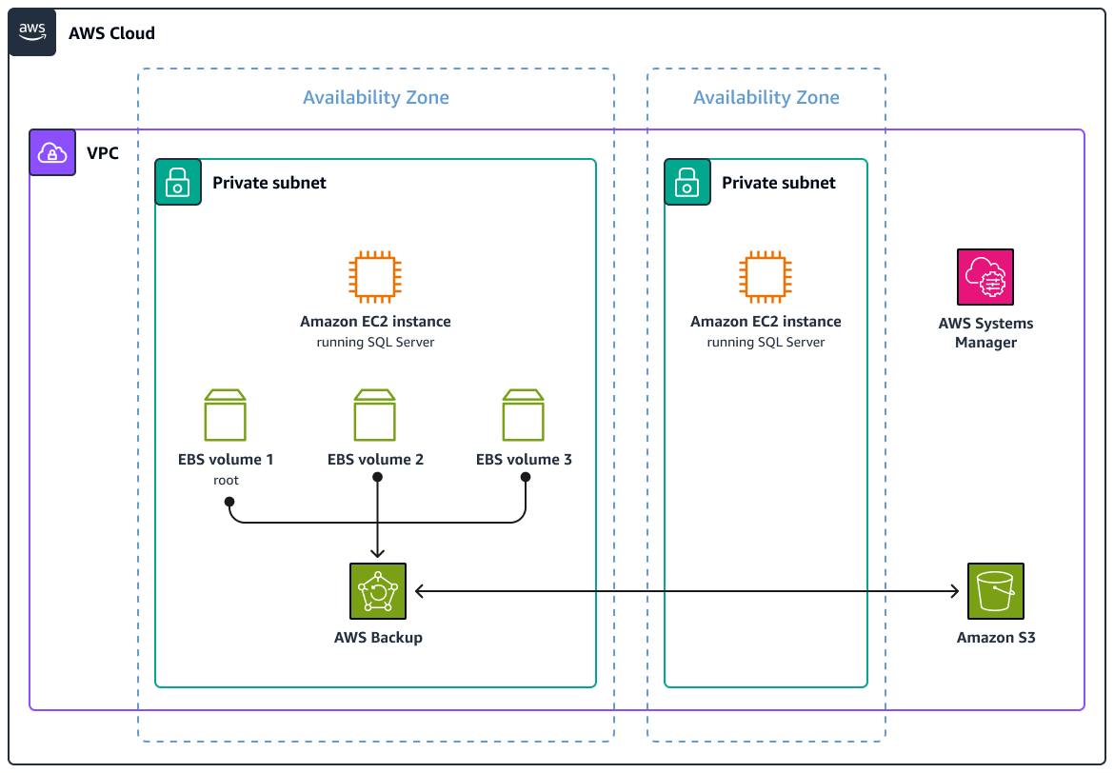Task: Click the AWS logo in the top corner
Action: tap(32, 33)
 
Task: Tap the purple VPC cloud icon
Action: tap(52, 152)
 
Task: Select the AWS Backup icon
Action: tap(378, 591)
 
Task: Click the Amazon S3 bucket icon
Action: tap(995, 591)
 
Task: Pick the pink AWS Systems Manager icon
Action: tap(985, 277)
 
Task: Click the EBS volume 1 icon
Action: tap(226, 415)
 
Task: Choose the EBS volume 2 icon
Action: tap(375, 415)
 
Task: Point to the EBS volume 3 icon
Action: tap(524, 415)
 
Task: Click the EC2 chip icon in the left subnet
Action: tap(375, 277)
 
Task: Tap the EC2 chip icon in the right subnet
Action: tap(766, 277)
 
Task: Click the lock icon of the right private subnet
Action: tap(687, 182)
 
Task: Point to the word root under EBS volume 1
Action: tap(226, 481)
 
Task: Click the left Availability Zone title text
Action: tap(375, 97)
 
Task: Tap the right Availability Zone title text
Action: tap(766, 97)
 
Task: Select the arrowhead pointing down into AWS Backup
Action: tap(378, 552)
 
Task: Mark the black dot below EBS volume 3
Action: tap(525, 478)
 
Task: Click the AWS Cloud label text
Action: tap(111, 33)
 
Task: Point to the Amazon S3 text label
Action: tap(995, 637)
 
